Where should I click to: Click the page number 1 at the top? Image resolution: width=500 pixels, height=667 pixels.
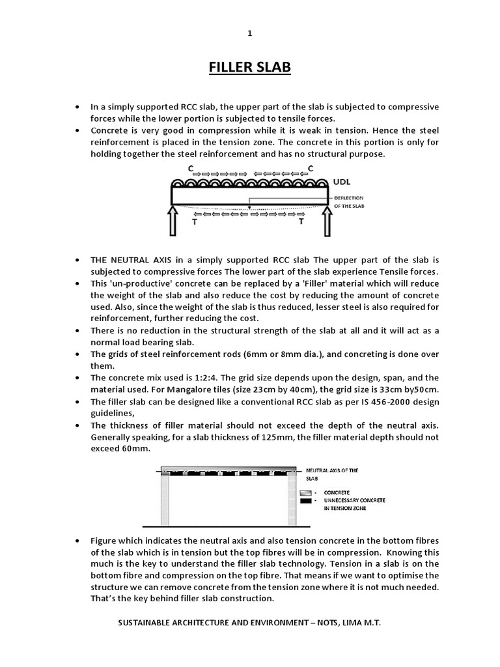tap(249, 34)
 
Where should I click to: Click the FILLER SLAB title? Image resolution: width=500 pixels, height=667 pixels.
tap(249, 68)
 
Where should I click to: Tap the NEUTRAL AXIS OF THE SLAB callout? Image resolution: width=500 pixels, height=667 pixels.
tap(332, 473)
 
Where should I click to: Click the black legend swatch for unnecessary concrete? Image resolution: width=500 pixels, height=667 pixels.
tap(307, 500)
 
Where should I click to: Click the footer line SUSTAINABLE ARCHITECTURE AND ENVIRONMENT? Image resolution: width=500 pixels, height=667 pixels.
tap(249, 623)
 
